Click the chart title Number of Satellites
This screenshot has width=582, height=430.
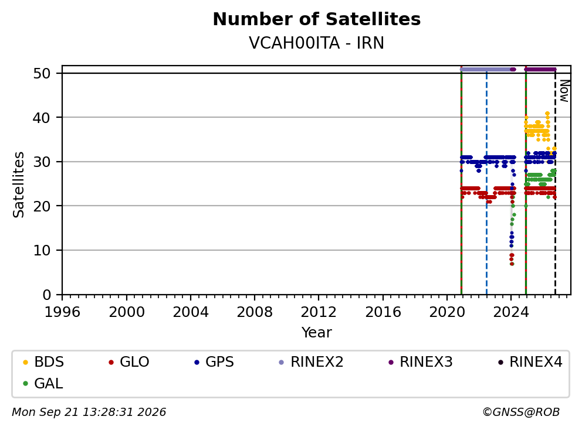pyautogui.click(x=317, y=19)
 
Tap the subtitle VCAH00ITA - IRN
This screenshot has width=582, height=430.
pyautogui.click(x=317, y=43)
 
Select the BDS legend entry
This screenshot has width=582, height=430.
pyautogui.click(x=43, y=362)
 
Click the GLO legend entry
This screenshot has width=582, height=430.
pyautogui.click(x=129, y=362)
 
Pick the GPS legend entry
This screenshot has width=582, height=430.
pyautogui.click(x=214, y=362)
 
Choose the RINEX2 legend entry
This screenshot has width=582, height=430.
pyautogui.click(x=311, y=362)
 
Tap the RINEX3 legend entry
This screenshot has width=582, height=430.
pyautogui.click(x=421, y=362)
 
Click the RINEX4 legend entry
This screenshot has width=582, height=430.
pyautogui.click(x=530, y=362)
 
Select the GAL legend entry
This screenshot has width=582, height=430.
pyautogui.click(x=43, y=383)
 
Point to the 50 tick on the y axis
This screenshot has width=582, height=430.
pyautogui.click(x=42, y=73)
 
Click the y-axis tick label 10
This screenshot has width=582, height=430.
pyautogui.click(x=42, y=251)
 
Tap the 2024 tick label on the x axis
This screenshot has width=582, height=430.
pyautogui.click(x=511, y=312)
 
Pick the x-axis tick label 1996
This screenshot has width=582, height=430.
pyautogui.click(x=62, y=312)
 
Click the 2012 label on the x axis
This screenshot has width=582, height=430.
pyautogui.click(x=319, y=312)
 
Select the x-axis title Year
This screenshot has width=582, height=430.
pyautogui.click(x=317, y=333)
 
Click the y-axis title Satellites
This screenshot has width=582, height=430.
pyautogui.click(x=19, y=185)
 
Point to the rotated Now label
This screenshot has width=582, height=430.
pyautogui.click(x=564, y=91)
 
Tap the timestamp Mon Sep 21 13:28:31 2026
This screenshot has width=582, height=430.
pyautogui.click(x=89, y=412)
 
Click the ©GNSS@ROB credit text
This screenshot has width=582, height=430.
pyautogui.click(x=521, y=412)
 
